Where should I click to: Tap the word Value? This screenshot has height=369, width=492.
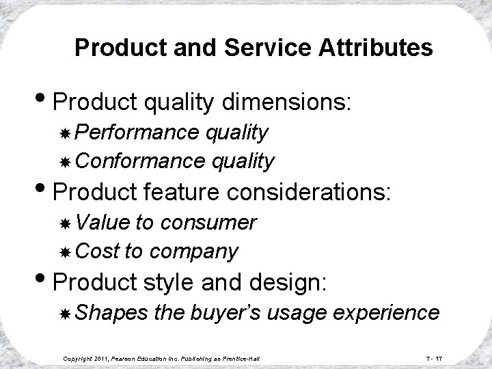point(104,221)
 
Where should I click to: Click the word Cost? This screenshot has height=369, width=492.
point(97,251)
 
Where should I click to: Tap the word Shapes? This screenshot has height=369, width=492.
point(112,312)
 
